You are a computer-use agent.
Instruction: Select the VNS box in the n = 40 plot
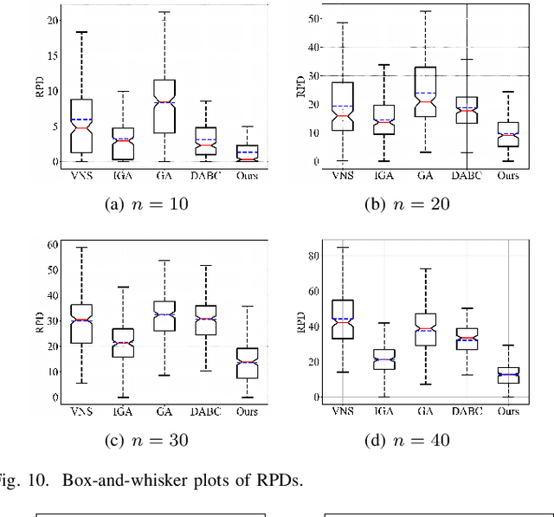click(x=343, y=319)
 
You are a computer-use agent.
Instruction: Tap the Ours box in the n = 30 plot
click(x=247, y=363)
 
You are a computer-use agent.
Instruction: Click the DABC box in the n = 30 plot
click(x=206, y=320)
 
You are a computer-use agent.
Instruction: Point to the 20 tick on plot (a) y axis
click(x=54, y=19)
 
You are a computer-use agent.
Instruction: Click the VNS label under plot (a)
click(x=81, y=176)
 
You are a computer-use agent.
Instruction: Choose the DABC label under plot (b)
click(x=467, y=176)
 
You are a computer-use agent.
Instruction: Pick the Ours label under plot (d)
click(x=508, y=411)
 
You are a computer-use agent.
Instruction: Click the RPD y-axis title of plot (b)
click(x=301, y=87)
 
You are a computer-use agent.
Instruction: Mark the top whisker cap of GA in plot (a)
click(x=164, y=12)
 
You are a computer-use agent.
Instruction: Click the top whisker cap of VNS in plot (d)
click(x=343, y=247)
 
